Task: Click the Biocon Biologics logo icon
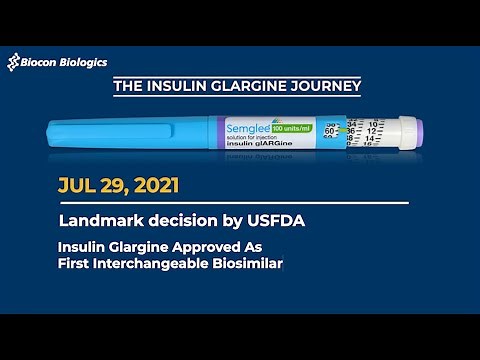15,63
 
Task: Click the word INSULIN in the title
176,87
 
